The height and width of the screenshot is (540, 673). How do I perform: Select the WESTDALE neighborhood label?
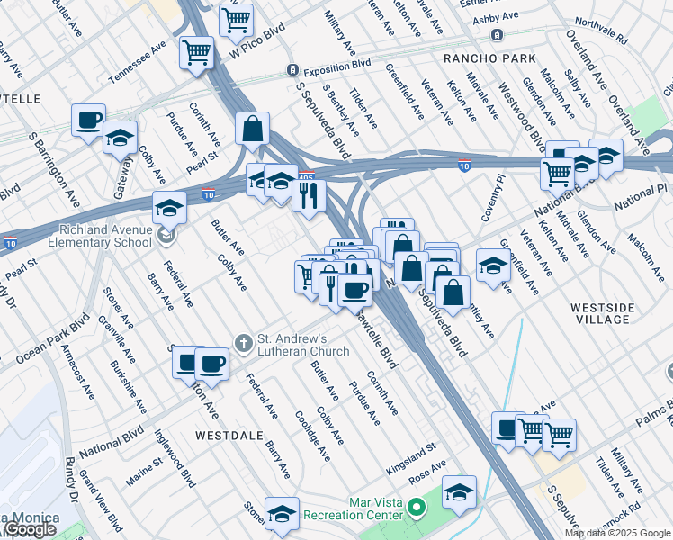[229, 434]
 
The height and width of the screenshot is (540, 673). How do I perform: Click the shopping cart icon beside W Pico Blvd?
[236, 18]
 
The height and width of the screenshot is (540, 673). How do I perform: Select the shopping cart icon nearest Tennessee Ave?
[196, 51]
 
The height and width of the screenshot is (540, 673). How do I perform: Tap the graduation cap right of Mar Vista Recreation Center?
[459, 491]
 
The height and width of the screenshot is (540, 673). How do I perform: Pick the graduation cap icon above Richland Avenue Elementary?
[169, 207]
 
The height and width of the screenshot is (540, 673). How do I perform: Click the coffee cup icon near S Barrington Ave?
[89, 120]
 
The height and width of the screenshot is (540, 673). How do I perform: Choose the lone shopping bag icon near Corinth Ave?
[253, 129]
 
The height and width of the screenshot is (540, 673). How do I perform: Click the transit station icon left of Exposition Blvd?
[292, 70]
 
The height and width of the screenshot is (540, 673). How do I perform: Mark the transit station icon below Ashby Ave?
[497, 35]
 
